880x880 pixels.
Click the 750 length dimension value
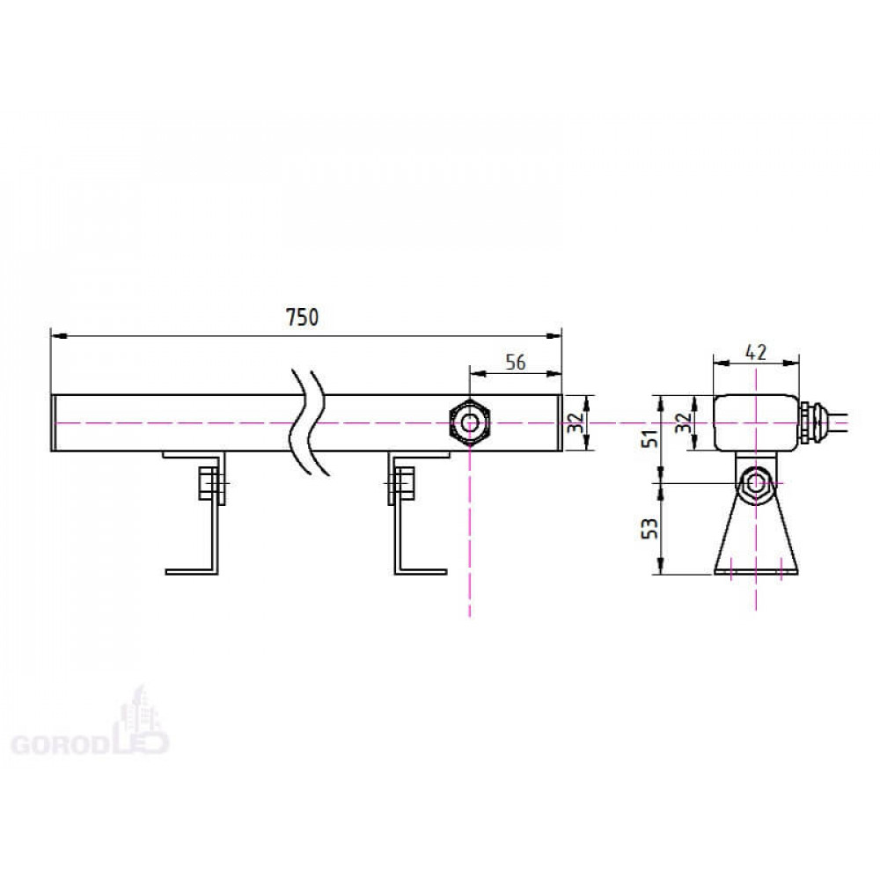pos(303,317)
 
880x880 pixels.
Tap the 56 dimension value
pos(515,362)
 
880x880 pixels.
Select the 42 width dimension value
pos(755,353)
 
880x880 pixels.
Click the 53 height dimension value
pos(650,528)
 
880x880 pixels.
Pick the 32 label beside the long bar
pos(576,422)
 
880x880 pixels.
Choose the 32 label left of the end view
pos(683,422)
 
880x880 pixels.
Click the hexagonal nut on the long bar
pos(470,422)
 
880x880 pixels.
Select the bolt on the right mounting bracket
pos(401,484)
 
